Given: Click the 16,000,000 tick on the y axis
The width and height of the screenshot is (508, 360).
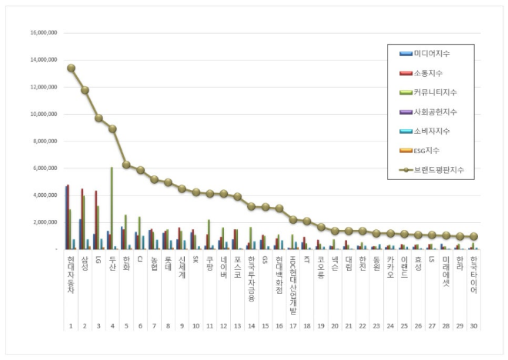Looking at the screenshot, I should coord(42,32).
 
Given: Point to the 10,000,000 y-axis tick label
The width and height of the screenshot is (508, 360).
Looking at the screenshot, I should coord(42,114).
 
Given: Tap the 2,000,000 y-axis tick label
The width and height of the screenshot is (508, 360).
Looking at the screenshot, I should coord(44,222).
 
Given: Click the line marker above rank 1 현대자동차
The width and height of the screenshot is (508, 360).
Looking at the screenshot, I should coord(71,68).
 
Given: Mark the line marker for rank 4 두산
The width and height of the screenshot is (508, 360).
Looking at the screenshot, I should coord(112,129).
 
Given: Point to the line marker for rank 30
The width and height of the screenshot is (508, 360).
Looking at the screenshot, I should coord(475,237).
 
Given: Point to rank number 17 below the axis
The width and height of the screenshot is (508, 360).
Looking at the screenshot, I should coord(293,325).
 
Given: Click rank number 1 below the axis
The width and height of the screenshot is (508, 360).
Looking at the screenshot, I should coord(71,325).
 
